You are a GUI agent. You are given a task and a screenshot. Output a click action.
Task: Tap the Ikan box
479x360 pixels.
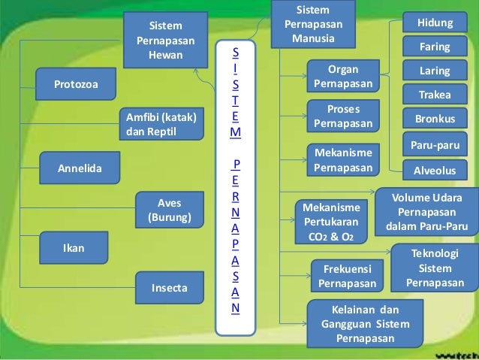(73, 247)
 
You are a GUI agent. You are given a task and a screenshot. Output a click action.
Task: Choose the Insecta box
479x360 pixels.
(170, 288)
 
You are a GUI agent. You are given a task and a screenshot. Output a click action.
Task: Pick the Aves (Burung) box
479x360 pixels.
(170, 210)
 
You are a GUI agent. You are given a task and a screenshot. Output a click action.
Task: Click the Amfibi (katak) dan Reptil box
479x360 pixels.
(161, 124)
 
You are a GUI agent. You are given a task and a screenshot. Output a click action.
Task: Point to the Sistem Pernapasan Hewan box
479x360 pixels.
(165, 40)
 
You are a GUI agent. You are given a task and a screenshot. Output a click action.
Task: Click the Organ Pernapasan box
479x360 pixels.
(342, 75)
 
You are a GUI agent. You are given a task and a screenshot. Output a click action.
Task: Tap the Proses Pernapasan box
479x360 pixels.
(342, 116)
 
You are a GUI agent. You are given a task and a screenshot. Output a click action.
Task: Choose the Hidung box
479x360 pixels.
(435, 23)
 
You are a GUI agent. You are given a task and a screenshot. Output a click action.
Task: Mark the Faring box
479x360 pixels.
(435, 47)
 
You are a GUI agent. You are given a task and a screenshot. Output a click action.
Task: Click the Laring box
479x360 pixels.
(435, 71)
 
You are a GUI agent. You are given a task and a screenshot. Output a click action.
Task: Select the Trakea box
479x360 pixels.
(435, 95)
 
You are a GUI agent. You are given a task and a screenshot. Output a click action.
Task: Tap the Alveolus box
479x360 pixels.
(435, 171)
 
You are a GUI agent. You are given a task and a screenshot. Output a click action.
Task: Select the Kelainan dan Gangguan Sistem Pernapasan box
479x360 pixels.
(366, 323)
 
